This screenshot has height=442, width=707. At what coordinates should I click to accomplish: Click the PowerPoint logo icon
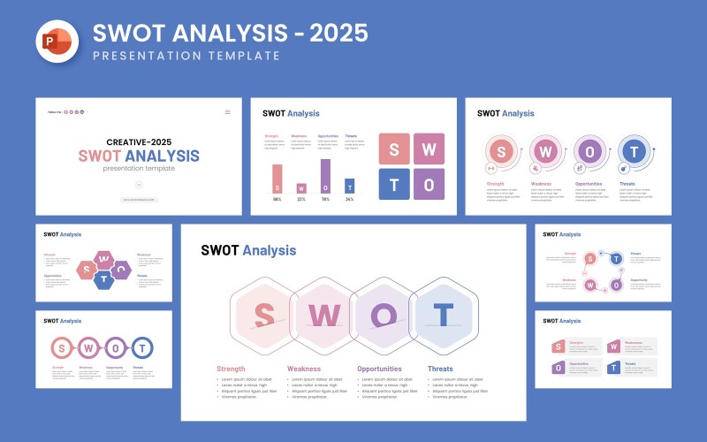point(56,42)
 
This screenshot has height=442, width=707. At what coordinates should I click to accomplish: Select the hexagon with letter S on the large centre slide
point(262,315)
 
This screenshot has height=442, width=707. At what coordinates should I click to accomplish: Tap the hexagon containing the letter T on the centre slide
point(444,315)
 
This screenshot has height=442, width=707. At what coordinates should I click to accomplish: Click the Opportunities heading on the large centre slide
point(379,369)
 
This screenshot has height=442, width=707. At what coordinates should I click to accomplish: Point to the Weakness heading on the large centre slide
point(304,369)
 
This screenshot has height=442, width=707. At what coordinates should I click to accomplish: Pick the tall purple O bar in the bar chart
point(325,176)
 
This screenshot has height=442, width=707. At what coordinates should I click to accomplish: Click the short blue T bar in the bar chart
point(349,186)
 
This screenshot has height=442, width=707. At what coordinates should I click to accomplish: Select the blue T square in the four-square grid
point(394,185)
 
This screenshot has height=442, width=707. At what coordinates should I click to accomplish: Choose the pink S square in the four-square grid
point(394,149)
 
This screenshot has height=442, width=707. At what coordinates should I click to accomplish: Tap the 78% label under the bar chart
point(325,199)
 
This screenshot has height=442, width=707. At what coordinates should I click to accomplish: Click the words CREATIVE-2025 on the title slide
point(139,141)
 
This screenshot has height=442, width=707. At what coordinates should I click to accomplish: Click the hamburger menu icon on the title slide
point(227,112)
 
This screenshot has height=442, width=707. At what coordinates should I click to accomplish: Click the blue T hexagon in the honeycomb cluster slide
point(104,280)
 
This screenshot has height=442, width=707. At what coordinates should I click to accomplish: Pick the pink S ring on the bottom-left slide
point(62,347)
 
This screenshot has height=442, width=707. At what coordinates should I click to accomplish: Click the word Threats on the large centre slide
point(440,369)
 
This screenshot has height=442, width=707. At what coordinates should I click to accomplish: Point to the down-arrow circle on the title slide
point(139,184)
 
